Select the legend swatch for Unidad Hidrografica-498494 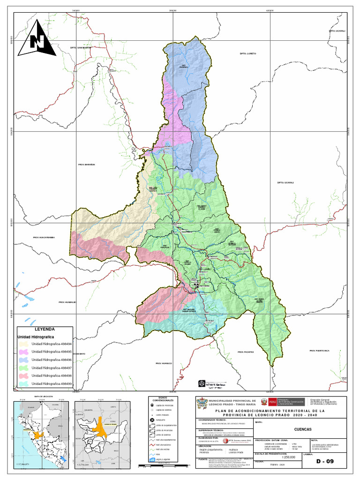coord(23,345)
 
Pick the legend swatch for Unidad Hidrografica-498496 coord(23,360)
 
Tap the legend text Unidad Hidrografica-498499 coord(52,384)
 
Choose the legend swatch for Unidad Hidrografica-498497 coord(23,368)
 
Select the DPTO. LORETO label coord(248,54)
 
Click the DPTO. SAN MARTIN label coord(79,47)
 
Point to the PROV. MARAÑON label coord(86,165)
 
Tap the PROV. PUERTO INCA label coord(320,351)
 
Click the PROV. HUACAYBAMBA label coord(44,238)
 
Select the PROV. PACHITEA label coord(245,352)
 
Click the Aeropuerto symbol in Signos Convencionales coord(152,420)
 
